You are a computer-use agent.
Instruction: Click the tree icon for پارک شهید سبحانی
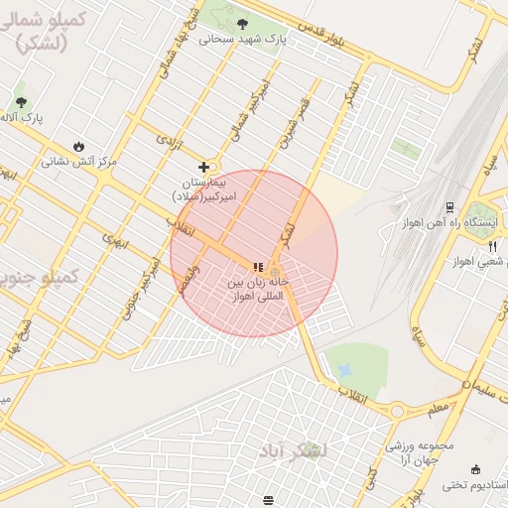(x=242, y=22)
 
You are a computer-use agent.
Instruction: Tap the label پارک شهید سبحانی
(x=242, y=39)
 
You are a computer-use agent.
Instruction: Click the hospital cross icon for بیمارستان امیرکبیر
(x=204, y=168)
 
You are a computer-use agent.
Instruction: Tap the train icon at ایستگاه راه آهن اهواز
(x=449, y=206)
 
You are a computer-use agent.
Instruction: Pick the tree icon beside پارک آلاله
(x=21, y=101)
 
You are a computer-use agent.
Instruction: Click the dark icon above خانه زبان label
(x=258, y=267)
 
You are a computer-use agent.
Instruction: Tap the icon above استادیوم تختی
(x=475, y=469)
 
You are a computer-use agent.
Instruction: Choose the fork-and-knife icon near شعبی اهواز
(x=490, y=246)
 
